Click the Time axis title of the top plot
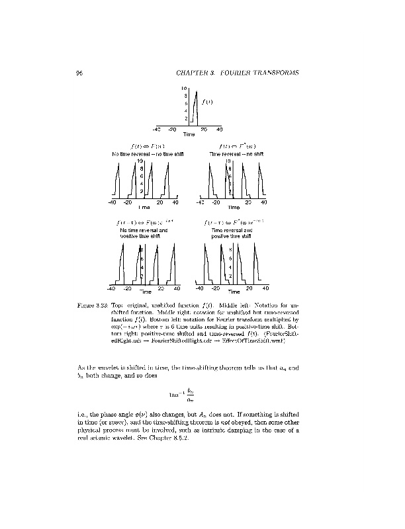pyautogui.click(x=189, y=135)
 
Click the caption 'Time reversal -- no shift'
pyautogui.click(x=236, y=154)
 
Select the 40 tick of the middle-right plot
pyautogui.click(x=264, y=202)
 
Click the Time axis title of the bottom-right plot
pyautogui.click(x=234, y=292)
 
